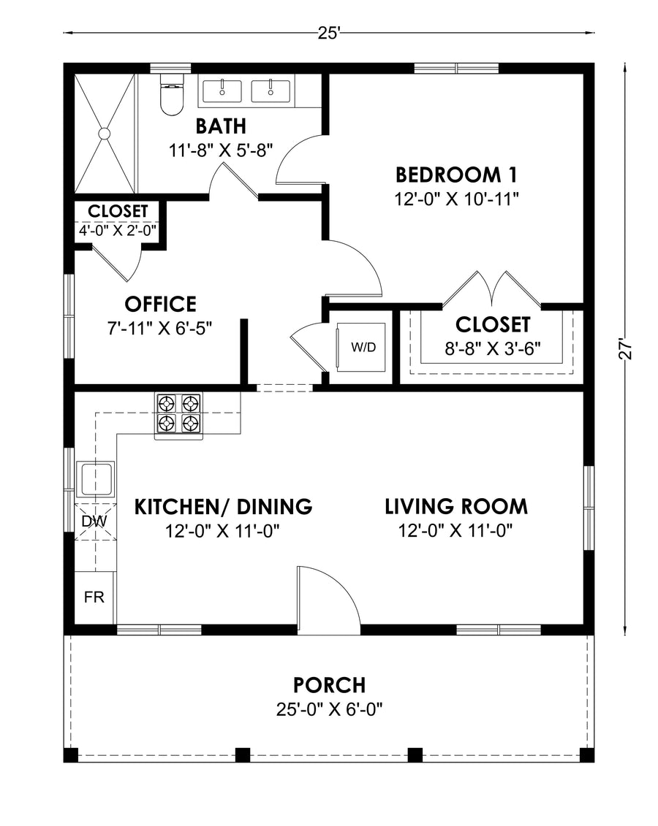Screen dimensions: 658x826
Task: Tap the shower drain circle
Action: click(105, 133)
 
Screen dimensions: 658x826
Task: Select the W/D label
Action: click(364, 347)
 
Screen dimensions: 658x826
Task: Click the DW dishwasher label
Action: click(94, 521)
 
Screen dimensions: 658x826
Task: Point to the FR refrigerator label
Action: click(94, 597)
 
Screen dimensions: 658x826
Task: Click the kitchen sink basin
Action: click(96, 479)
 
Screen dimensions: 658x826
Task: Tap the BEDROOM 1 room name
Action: click(457, 175)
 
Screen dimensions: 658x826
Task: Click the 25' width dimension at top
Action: click(330, 33)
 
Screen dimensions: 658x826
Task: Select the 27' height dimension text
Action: click(625, 348)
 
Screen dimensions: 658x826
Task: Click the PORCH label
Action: click(330, 685)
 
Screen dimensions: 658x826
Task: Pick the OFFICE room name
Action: click(160, 304)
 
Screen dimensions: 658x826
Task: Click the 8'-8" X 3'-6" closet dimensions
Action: click(493, 348)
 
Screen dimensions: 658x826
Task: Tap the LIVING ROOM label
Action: click(456, 506)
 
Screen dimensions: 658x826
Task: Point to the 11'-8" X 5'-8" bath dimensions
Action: click(221, 150)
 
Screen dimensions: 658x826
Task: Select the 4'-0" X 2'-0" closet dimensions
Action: click(118, 231)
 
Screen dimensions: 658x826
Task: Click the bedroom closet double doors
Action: click(493, 288)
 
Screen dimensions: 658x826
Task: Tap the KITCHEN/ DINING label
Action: click(224, 506)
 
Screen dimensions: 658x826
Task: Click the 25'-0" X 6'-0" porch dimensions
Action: click(330, 710)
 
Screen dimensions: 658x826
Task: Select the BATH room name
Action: click(221, 126)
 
